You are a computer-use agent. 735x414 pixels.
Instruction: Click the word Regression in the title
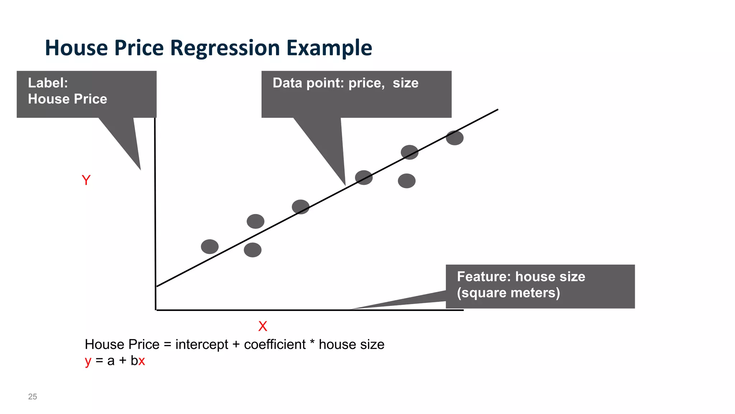coord(225,48)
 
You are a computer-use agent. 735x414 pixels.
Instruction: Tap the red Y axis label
coord(86,180)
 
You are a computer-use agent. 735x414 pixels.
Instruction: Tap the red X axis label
coord(262,326)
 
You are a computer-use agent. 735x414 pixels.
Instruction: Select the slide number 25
coord(32,396)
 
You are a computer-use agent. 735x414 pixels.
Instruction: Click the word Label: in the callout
coord(48,83)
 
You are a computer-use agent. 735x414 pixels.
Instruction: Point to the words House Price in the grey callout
coord(67,99)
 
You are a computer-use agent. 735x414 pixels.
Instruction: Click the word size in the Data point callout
coord(405,83)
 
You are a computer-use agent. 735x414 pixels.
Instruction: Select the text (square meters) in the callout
coord(508,293)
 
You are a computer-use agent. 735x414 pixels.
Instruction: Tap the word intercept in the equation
coord(201,344)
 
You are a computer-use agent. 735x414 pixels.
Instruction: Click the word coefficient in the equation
coord(275,344)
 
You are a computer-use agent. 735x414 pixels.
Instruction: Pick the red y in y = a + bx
coord(88,361)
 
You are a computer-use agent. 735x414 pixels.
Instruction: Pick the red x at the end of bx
coord(142,361)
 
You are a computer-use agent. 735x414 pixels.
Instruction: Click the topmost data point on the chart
coord(454,138)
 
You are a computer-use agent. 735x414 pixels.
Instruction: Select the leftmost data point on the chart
coord(210,247)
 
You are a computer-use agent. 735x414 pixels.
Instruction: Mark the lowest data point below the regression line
coord(252,250)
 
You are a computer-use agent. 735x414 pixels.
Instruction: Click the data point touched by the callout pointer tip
coord(364,178)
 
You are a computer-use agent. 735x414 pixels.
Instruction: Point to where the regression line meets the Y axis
coord(156,286)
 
